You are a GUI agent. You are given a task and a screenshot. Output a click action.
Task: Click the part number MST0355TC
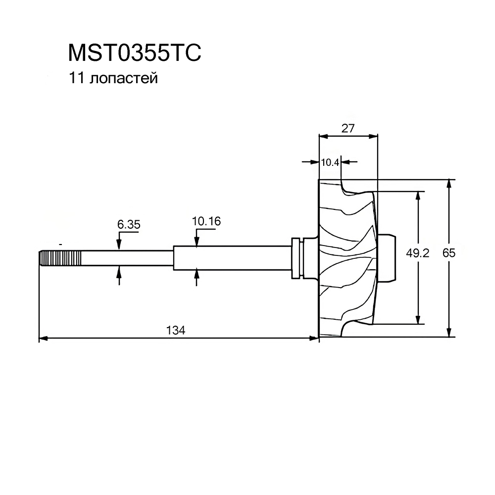point(135,53)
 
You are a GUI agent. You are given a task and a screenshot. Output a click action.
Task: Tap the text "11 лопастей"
point(113,78)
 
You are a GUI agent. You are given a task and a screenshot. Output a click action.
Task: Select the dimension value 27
point(348,128)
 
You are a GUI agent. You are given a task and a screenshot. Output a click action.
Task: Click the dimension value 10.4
point(330,162)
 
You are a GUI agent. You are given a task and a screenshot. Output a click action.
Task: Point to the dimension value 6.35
point(129,224)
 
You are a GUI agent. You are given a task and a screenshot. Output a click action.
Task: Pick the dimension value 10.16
point(206,221)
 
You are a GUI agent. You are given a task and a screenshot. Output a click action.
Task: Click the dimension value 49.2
point(418,253)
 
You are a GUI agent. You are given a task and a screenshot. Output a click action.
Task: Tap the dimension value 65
point(449,253)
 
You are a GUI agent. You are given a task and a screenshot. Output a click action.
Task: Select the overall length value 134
point(176,330)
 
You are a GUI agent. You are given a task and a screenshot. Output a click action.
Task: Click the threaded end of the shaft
point(60,258)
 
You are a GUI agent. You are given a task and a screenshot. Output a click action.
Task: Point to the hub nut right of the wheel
point(387,257)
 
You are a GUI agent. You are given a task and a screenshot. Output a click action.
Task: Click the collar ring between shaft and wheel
point(297,258)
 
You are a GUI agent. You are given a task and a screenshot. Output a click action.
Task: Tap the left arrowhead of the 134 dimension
point(43,339)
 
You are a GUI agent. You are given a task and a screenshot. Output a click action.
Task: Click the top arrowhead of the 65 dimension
point(449,184)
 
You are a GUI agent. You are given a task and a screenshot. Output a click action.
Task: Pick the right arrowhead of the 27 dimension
point(373,136)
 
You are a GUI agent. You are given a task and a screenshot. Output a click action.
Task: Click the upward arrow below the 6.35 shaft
point(119,276)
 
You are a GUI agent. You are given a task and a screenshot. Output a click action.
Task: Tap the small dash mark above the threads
point(60,245)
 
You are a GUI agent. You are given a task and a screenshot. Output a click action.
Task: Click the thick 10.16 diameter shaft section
point(232,258)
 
